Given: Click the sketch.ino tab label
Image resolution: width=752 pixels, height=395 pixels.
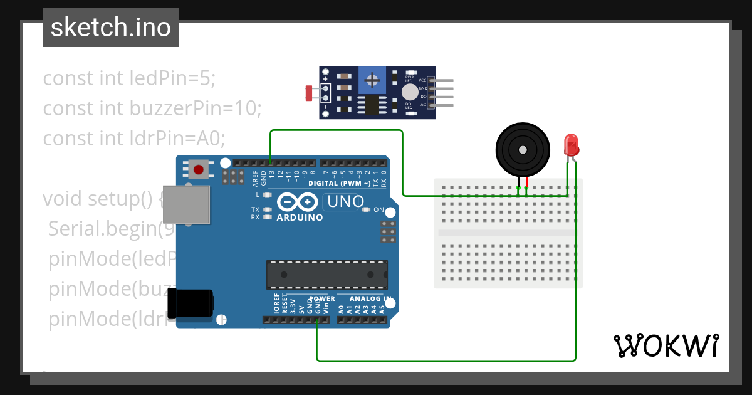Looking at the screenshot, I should click(x=111, y=28).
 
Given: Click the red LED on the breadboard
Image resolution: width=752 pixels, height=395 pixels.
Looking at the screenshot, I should click(x=571, y=145).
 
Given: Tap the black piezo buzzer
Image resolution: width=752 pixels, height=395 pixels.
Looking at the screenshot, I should click(x=522, y=149).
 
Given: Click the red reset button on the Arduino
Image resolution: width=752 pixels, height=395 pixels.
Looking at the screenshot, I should click(x=199, y=169).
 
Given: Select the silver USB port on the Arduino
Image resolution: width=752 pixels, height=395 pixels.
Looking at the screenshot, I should click(x=185, y=204).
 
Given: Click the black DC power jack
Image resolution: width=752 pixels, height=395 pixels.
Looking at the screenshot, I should click(x=193, y=302).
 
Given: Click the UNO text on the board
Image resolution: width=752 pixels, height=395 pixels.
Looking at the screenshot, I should click(x=344, y=201).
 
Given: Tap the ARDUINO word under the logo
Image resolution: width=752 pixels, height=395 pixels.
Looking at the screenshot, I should click(x=300, y=218).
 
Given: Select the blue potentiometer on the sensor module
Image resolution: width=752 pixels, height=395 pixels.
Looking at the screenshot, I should click(x=372, y=80).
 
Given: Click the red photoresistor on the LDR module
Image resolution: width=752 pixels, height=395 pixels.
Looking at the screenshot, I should click(x=308, y=93).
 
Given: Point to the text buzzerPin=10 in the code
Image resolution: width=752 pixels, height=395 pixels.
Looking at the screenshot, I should click(x=195, y=108).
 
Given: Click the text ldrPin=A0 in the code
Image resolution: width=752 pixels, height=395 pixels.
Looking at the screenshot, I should click(x=177, y=137).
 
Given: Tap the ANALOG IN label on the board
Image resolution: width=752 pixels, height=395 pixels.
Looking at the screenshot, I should click(x=370, y=298).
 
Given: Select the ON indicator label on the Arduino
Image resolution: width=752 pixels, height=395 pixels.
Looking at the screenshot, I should click(x=379, y=210).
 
